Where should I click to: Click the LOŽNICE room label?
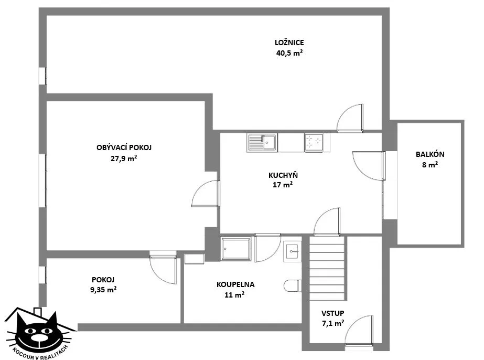point(289,43)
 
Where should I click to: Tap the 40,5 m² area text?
point(289,53)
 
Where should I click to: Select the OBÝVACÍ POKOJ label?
point(124,147)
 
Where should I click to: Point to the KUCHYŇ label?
point(283,175)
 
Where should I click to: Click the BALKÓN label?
point(430,154)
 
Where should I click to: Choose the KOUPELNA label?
point(235,284)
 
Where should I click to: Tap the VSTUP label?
point(333,313)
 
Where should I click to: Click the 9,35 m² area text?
point(103,290)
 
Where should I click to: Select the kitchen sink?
point(262,142)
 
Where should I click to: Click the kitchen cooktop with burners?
point(314,143)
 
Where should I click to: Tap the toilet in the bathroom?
point(292,285)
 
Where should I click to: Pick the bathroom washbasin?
point(292,251)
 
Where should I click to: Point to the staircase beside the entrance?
point(327,268)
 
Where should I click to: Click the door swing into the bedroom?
point(350,118)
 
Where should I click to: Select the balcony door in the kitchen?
point(369,165)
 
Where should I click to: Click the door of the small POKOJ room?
point(163,267)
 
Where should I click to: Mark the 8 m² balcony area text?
point(430,165)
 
